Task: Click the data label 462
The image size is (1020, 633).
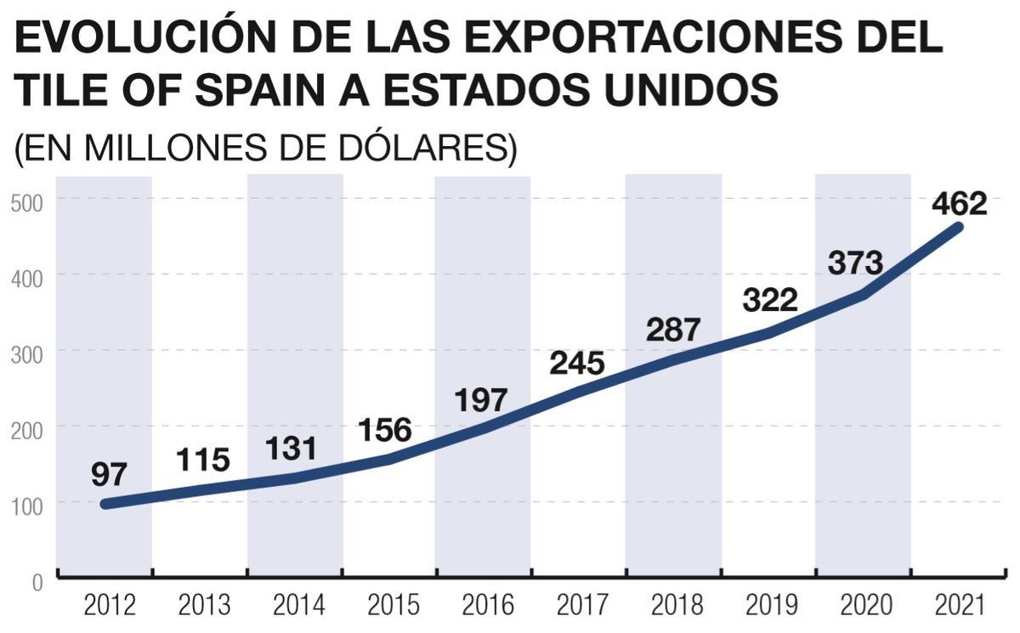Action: pos(959,205)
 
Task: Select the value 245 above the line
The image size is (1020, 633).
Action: pos(576,363)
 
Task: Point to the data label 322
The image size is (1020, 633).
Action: pos(769,300)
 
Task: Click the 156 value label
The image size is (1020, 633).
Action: pos(384,430)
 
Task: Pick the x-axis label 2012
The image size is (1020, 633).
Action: pos(110,606)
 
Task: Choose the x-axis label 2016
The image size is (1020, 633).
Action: pos(489,606)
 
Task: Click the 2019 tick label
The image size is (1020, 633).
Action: pos(772,606)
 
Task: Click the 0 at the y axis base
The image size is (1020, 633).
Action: pos(38,583)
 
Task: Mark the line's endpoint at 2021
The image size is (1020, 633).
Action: pos(958,227)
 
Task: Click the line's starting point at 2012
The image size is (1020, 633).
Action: pos(105,504)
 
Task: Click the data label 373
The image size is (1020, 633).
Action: pos(855,263)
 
